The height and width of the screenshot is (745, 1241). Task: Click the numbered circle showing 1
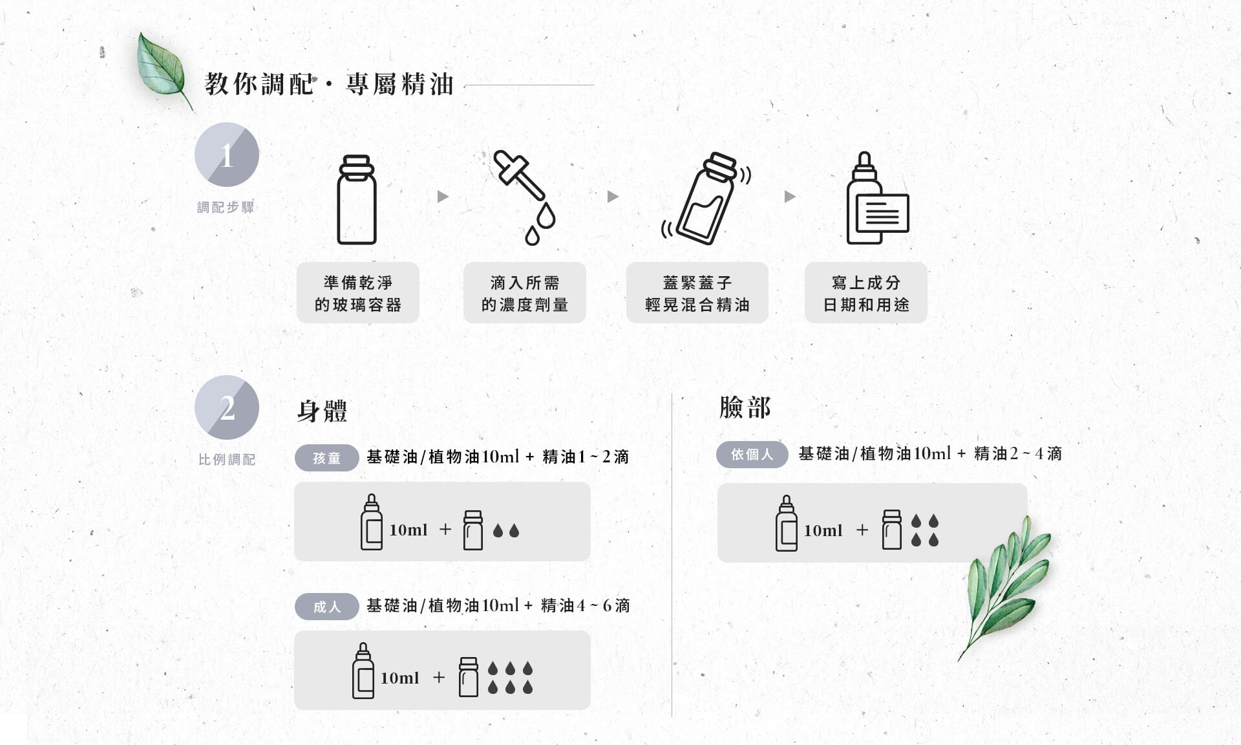click(227, 155)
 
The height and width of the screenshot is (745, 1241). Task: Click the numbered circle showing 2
click(227, 407)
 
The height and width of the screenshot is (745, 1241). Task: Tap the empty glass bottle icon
click(357, 199)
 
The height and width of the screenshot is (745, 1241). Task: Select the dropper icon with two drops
click(524, 198)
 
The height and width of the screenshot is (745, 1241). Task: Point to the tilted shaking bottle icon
click(706, 199)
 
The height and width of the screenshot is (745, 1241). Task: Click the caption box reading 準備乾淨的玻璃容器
click(358, 293)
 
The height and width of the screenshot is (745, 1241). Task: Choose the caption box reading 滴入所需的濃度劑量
click(525, 293)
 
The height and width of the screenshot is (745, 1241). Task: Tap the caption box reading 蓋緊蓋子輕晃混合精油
click(697, 293)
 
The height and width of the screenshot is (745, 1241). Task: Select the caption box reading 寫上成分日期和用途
click(866, 293)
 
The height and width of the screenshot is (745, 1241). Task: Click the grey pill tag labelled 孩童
click(327, 458)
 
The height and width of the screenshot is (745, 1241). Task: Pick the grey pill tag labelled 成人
click(327, 607)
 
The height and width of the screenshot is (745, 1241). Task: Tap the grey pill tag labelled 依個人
click(752, 454)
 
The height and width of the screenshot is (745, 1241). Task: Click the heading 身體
click(322, 411)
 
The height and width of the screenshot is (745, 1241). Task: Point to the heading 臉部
click(745, 407)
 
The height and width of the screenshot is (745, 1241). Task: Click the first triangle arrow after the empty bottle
click(443, 197)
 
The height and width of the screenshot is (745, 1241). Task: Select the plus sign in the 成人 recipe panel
click(439, 677)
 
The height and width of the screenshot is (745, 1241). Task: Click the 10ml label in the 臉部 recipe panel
click(823, 530)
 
